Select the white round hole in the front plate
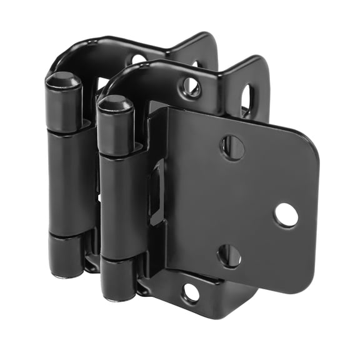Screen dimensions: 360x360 click(286, 215)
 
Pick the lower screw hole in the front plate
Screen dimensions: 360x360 click(229, 256)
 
